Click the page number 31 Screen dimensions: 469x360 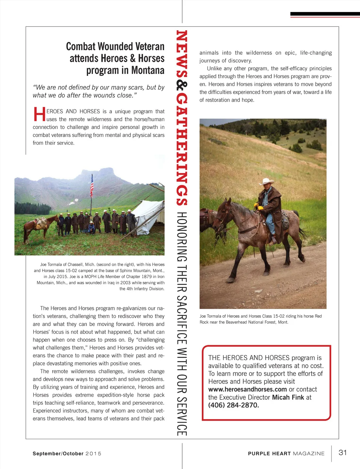coord(342,452)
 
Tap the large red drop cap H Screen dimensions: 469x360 coord(39,114)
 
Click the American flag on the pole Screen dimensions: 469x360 coord(92,186)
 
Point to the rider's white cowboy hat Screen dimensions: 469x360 coord(266,181)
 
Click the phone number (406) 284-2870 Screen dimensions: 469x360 coord(233,405)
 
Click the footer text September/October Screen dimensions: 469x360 coord(58,454)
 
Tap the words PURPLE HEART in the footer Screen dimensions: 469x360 coord(269,454)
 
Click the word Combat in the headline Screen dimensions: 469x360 coord(81,47)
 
